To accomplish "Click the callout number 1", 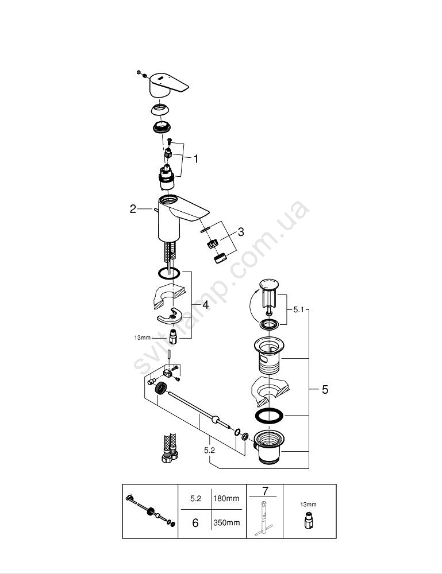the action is point(196,159).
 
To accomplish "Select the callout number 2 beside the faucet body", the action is point(133,209).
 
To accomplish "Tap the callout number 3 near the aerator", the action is point(240,232).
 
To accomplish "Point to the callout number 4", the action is point(205,304).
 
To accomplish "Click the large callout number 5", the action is point(325,390).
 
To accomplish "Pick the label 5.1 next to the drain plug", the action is point(299,310).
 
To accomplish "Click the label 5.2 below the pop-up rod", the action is point(210,450).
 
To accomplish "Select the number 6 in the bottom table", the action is point(195,523).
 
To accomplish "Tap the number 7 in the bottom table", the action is point(265,491).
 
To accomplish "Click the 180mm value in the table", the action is point(226,498).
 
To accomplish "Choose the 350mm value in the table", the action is point(226,523).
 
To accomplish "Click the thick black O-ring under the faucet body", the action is point(169,273).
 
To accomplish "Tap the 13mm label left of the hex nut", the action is point(142,338).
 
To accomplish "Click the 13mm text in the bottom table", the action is point(308,505).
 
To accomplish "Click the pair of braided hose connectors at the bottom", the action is point(169,448).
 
